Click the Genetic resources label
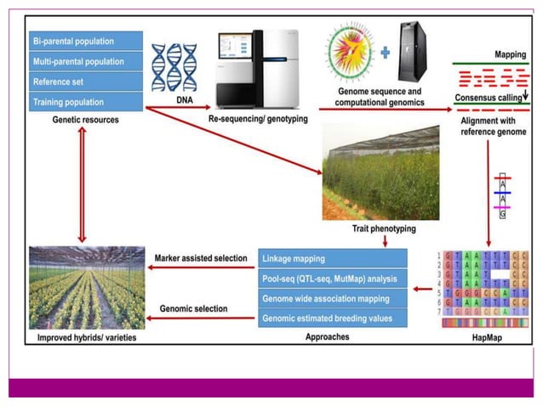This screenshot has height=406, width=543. click(86, 120)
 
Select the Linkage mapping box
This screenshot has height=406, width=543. click(331, 257)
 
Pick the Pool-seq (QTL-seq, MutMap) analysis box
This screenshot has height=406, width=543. click(331, 278)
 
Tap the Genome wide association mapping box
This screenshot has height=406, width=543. click(331, 298)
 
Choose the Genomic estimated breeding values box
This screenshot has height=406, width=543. click(331, 319)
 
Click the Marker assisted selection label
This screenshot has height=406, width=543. click(203, 258)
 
